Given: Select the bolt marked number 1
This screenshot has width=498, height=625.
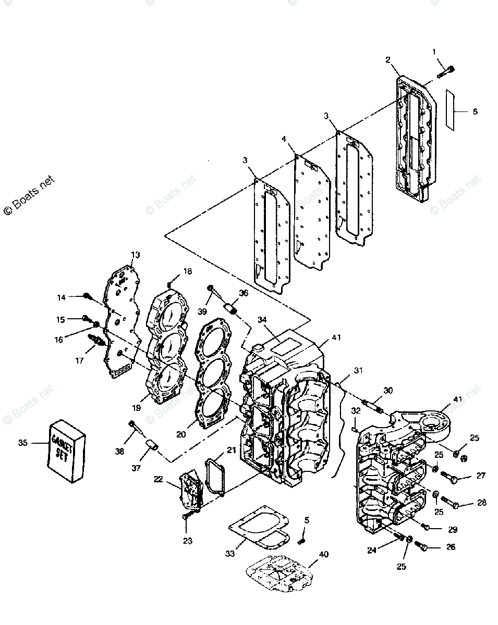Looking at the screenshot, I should point(446,71).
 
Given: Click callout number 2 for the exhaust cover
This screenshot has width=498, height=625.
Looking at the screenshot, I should point(387,59).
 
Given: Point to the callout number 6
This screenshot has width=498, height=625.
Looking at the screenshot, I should point(475,111).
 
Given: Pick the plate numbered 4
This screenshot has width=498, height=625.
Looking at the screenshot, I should point(311,214).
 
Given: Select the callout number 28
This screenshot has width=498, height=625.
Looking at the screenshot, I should point(481,503).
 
